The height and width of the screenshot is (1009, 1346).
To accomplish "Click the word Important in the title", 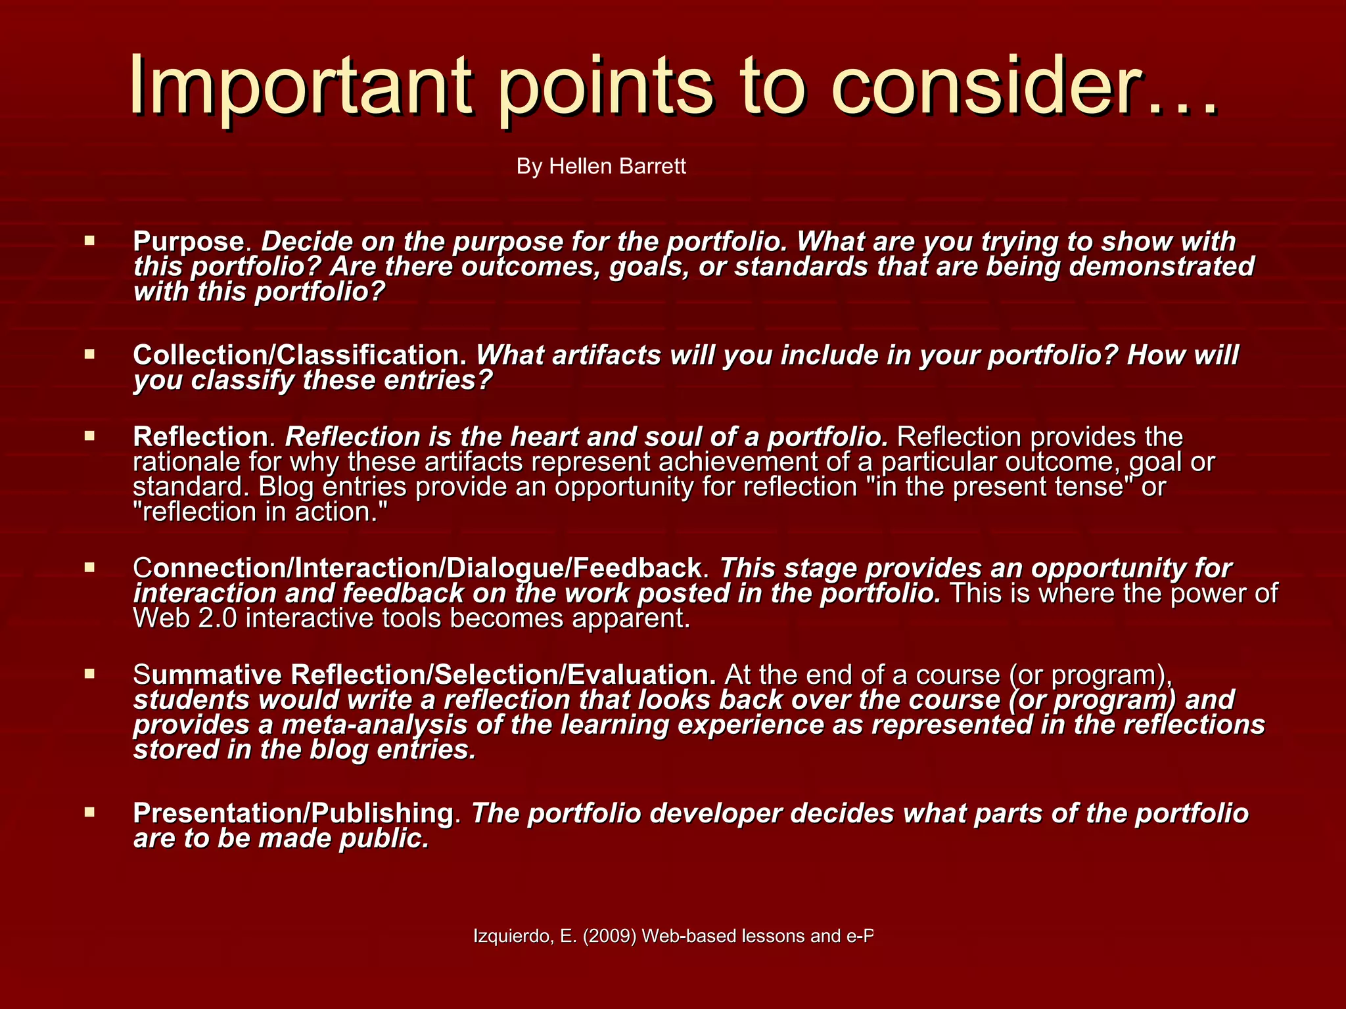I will [x=300, y=85].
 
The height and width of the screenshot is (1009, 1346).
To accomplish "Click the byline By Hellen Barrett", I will [x=601, y=166].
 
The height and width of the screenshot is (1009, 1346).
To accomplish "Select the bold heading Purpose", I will [x=189, y=242].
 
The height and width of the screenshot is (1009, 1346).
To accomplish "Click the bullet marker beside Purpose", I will [x=90, y=241].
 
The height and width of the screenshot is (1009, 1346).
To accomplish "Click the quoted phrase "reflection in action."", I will [x=261, y=512].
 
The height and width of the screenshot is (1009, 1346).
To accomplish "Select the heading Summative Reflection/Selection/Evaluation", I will [x=425, y=675].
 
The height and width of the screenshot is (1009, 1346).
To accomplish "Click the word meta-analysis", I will [x=361, y=725].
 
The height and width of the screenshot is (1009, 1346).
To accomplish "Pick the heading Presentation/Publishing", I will [x=293, y=813].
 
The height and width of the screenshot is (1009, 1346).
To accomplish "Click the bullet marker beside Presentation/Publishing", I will [x=90, y=813].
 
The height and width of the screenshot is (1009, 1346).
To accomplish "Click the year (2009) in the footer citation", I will [x=609, y=936].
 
